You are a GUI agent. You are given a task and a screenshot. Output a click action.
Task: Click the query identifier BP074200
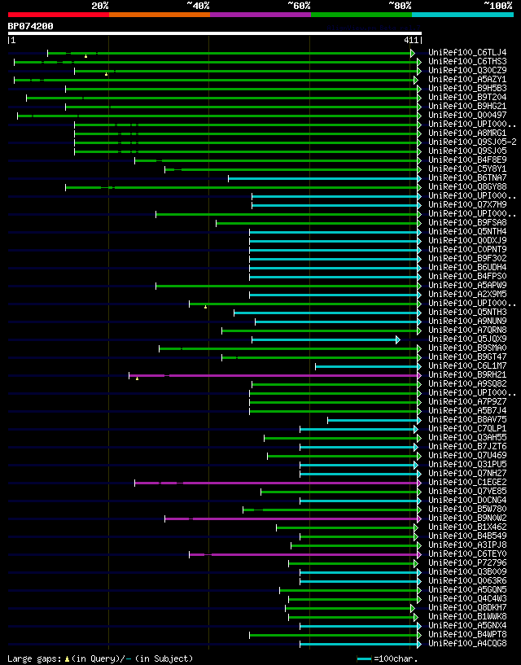pos(30,26)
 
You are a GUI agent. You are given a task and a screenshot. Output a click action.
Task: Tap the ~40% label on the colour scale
pos(198,6)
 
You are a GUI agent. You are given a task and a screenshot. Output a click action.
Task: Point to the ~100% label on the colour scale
pos(497,6)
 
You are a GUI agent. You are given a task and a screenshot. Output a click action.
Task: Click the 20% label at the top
pos(100,6)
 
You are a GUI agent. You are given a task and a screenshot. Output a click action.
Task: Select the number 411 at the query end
pos(410,40)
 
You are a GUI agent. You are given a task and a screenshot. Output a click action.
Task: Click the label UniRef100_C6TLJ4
pos(466,52)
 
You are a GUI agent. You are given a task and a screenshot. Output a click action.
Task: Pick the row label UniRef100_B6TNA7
pos(466,177)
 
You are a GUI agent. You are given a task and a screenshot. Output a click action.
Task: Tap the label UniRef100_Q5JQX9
pos(466,339)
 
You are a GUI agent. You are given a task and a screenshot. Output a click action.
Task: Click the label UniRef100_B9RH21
pos(466,374)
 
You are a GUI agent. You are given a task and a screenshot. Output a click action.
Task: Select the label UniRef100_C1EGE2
pos(466,482)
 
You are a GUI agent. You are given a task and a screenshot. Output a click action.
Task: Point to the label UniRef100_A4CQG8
pos(466,643)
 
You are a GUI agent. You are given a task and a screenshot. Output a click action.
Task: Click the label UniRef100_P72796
pos(466,562)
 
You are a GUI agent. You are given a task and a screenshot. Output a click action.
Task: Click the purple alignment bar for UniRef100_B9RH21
pos(285,375)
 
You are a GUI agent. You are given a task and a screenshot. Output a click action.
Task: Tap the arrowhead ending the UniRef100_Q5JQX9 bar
pos(398,339)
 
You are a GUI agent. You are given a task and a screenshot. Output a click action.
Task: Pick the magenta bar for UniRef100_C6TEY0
pos(309,554)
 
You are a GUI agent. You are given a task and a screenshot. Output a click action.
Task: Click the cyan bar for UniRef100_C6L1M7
pos(366,366)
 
